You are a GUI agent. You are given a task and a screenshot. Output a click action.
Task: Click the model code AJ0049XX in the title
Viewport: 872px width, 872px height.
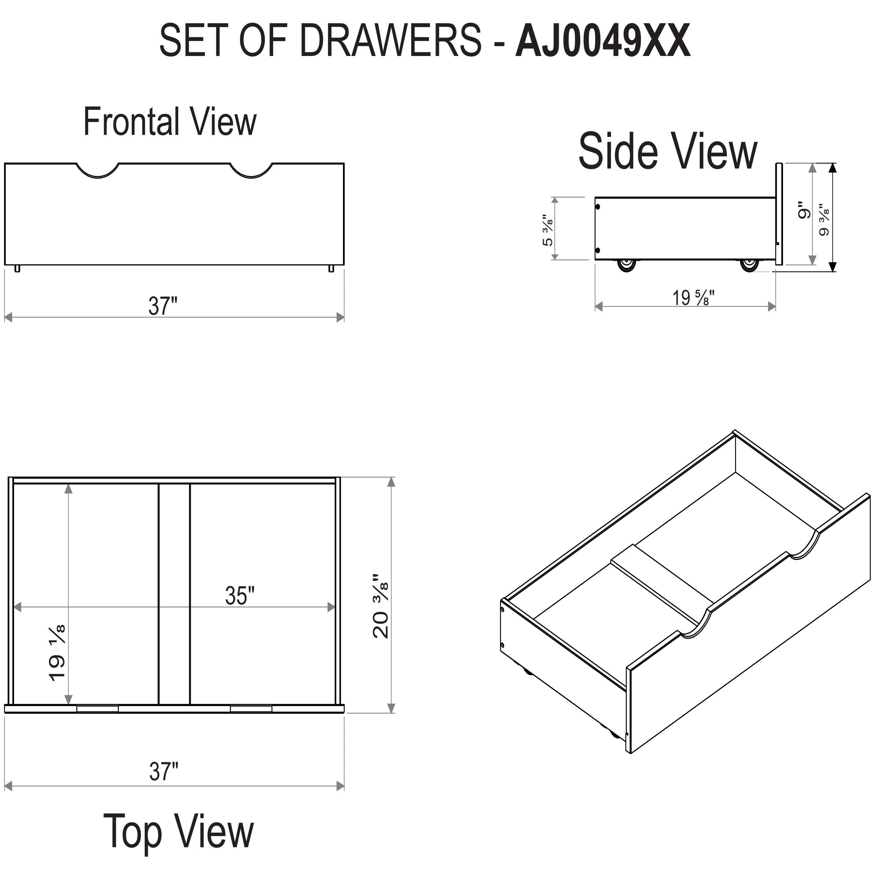coord(603,41)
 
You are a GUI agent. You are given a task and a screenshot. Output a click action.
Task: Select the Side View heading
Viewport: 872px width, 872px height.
coord(668,151)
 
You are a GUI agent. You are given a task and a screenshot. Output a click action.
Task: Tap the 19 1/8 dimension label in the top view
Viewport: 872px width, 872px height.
coord(57,653)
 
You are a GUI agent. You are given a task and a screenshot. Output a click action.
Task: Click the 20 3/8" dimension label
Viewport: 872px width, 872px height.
coord(380,606)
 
